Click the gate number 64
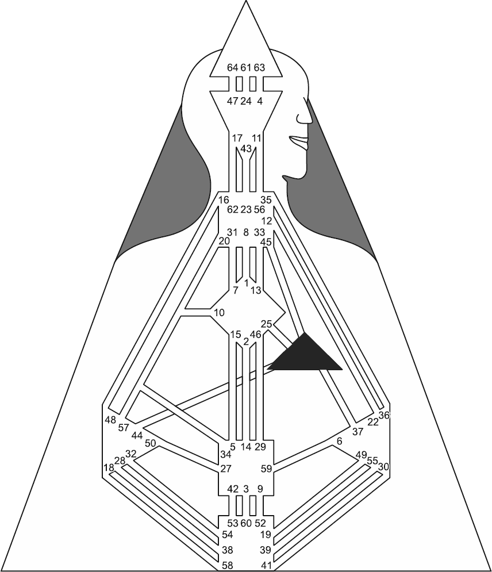pyautogui.click(x=232, y=67)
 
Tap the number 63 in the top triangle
pyautogui.click(x=259, y=67)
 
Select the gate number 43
pyautogui.click(x=246, y=149)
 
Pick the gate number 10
pyautogui.click(x=220, y=313)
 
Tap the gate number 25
pyautogui.click(x=267, y=324)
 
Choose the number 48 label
pyautogui.click(x=110, y=420)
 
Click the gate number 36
pyautogui.click(x=384, y=415)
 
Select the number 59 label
pyautogui.click(x=267, y=469)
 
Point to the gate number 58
pyautogui.click(x=228, y=566)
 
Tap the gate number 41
pyautogui.click(x=267, y=566)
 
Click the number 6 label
pyautogui.click(x=340, y=442)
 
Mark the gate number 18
pyautogui.click(x=109, y=468)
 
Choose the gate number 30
pyautogui.click(x=384, y=467)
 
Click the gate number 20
pyautogui.click(x=224, y=241)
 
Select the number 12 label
pyautogui.click(x=267, y=221)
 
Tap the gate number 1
pyautogui.click(x=247, y=283)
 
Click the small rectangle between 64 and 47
pyautogui.click(x=239, y=84)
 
